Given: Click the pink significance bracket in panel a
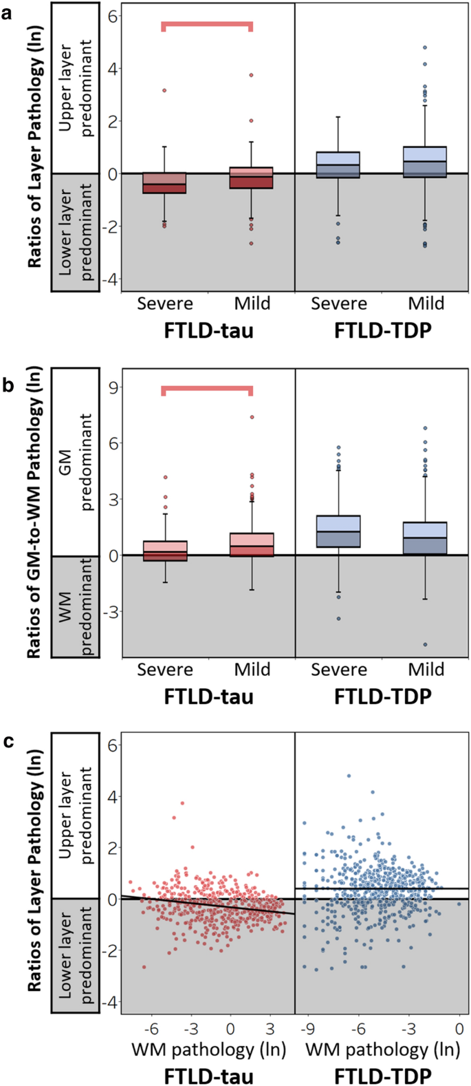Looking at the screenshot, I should [x=207, y=25].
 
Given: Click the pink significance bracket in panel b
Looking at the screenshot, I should [x=207, y=390].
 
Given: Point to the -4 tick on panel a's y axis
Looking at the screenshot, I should [x=110, y=279].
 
